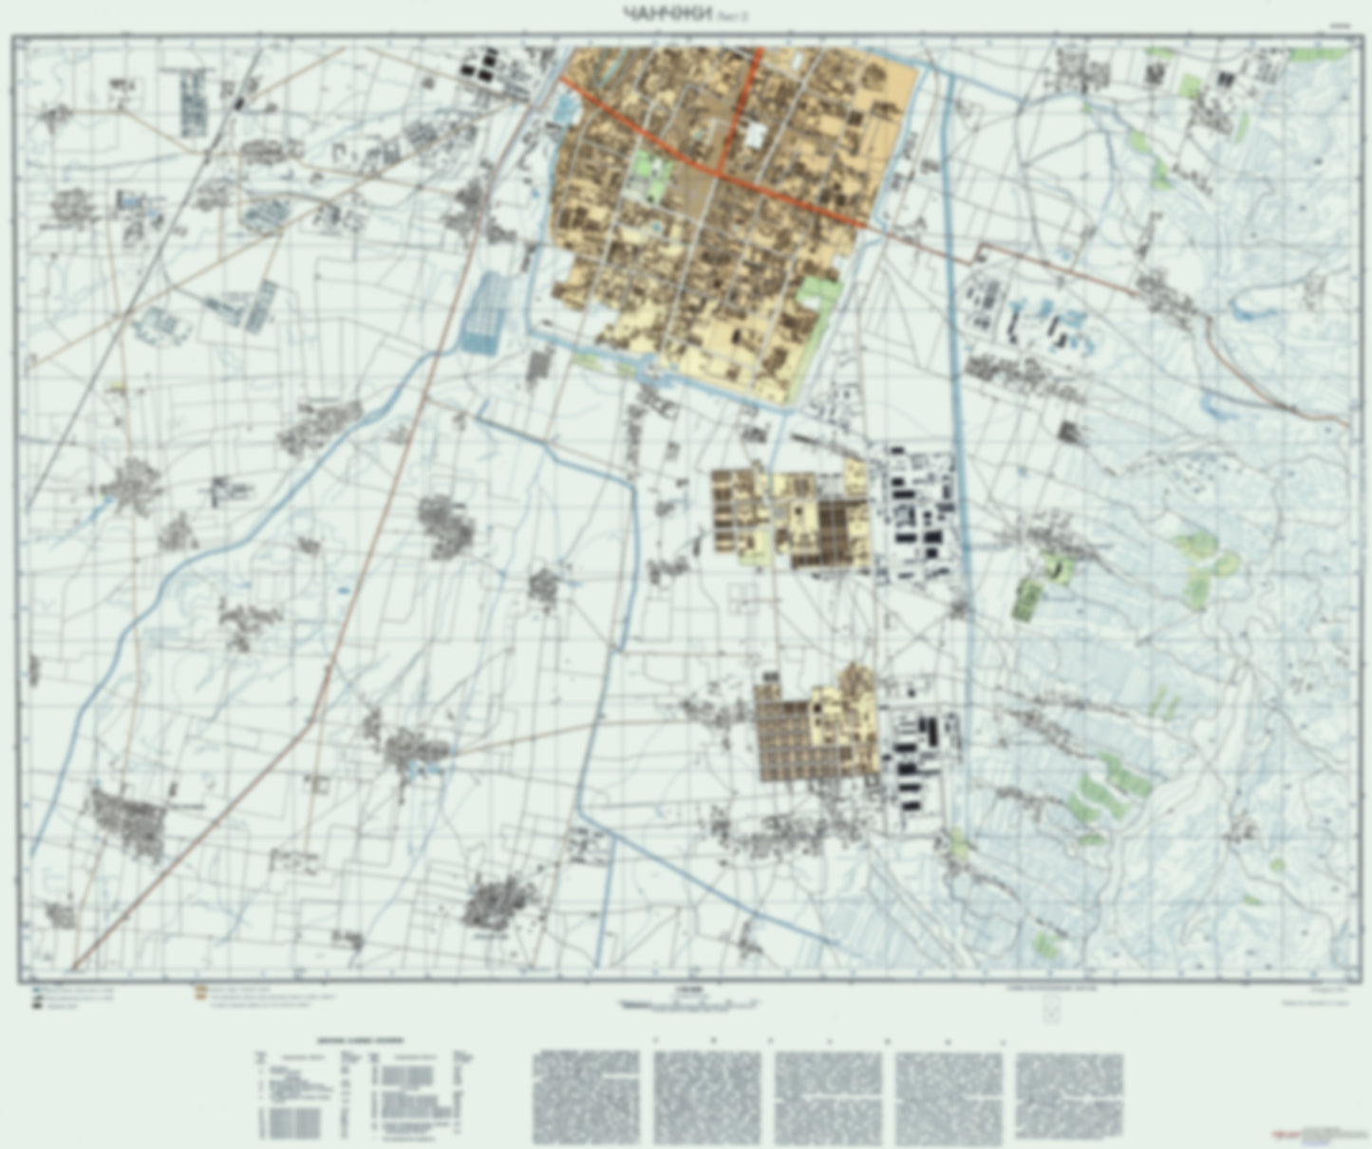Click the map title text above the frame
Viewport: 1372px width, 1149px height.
click(665, 12)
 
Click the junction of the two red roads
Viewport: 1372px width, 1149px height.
click(720, 173)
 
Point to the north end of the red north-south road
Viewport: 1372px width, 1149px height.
click(758, 50)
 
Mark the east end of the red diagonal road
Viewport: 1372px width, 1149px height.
click(864, 226)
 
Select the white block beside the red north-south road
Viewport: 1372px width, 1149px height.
click(755, 135)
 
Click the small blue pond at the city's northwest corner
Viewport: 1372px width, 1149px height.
click(562, 107)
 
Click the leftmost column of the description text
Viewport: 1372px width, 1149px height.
click(586, 1096)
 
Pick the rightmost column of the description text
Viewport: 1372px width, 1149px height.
click(1068, 1096)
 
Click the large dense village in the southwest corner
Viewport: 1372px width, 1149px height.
click(128, 822)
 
